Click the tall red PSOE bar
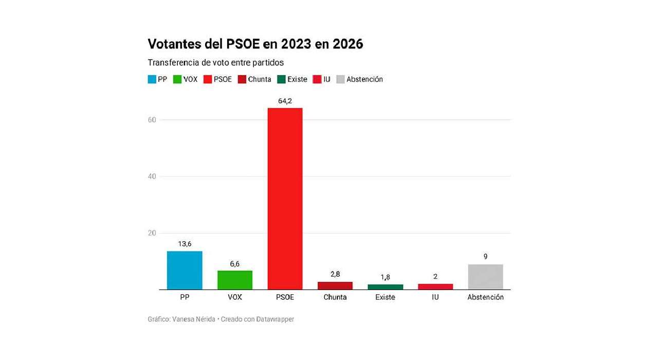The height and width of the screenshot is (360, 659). (x=285, y=199)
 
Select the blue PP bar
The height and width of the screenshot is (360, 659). (x=185, y=271)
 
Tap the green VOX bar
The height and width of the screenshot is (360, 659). (x=235, y=280)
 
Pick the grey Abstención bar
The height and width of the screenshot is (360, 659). (x=485, y=277)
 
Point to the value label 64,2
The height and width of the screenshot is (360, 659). (x=285, y=101)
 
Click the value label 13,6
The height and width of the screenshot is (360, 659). (x=185, y=244)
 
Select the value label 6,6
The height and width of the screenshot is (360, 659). (x=235, y=264)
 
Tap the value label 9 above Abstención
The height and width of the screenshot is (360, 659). (x=485, y=257)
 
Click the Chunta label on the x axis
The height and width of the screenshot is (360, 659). (x=335, y=297)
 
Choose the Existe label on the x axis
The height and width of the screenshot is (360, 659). (x=385, y=297)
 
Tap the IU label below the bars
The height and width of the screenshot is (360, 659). (x=435, y=297)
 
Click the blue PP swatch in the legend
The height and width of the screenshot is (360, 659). (x=152, y=79)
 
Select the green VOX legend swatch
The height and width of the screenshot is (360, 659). (x=177, y=79)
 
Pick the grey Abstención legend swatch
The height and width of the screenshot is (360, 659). (x=340, y=79)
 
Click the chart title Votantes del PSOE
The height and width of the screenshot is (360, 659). (x=255, y=44)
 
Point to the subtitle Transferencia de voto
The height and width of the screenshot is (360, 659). (x=216, y=62)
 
